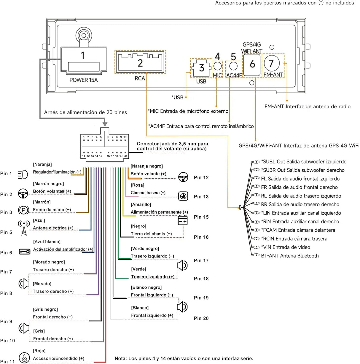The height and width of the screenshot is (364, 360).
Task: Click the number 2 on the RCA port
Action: [140, 63]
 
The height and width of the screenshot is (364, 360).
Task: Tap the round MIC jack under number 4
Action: [217, 66]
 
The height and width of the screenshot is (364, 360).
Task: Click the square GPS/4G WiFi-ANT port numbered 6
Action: [252, 65]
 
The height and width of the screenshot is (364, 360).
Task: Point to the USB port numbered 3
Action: [201, 68]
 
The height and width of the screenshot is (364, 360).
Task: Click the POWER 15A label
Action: [84, 80]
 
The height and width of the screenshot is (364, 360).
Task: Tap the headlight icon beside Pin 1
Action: [23, 174]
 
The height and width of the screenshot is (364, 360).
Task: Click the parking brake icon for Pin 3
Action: [24, 210]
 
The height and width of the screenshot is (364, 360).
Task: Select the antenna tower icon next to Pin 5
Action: [24, 228]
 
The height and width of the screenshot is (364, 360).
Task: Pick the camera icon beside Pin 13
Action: [183, 196]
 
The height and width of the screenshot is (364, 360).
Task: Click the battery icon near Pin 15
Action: [183, 220]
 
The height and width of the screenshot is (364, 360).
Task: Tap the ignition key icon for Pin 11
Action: [24, 357]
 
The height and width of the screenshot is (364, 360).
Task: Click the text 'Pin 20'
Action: [201, 318]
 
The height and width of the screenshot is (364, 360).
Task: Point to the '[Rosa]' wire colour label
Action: [137, 185]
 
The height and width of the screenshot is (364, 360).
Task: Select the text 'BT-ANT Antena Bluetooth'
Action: [290, 256]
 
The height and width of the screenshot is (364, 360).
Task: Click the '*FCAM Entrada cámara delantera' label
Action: [298, 230]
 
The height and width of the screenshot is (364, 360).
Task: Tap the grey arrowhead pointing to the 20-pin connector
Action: [105, 124]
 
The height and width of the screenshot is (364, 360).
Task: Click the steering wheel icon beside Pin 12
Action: [183, 177]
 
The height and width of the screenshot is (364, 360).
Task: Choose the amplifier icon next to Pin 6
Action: [25, 252]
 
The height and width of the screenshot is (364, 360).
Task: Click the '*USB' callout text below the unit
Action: [177, 98]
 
